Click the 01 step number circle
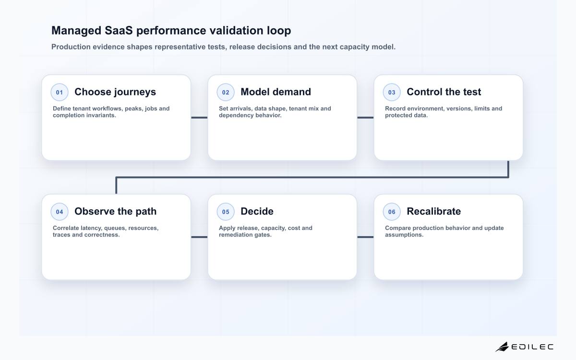tap(60, 92)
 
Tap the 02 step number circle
tap(226, 92)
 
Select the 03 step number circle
tap(392, 92)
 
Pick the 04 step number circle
tap(60, 212)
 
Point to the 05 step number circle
tap(226, 212)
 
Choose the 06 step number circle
tap(392, 212)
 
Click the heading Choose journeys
tap(115, 92)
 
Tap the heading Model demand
tap(276, 92)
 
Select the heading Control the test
tap(444, 92)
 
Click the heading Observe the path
tap(116, 211)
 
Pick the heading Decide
tap(257, 211)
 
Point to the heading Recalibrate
tap(434, 211)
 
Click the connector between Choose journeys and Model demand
tap(199, 118)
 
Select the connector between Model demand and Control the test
tap(365, 118)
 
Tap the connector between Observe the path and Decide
tap(199, 237)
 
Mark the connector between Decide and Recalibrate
tap(365, 237)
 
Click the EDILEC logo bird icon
tap(502, 347)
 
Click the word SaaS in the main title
tap(119, 30)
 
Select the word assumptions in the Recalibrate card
tap(404, 235)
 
